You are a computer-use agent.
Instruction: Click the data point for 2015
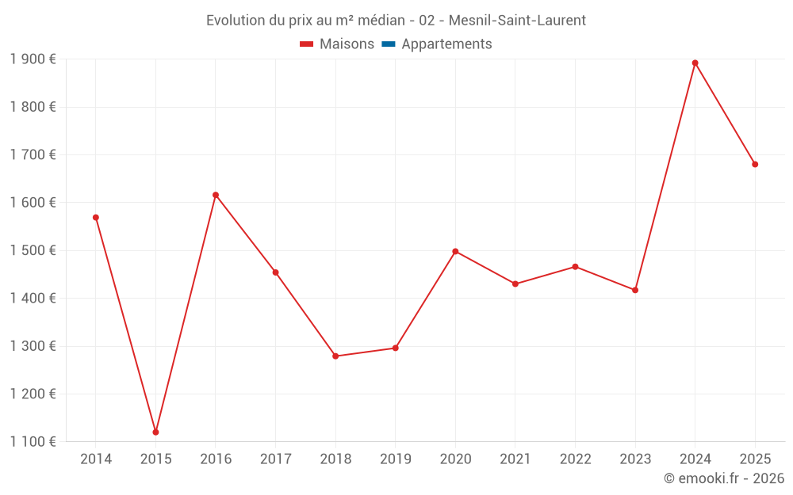coord(155,432)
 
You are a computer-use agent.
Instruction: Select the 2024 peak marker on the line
coord(695,63)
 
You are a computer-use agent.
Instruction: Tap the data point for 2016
coord(216,195)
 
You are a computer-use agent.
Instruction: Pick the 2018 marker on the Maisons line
coord(335,356)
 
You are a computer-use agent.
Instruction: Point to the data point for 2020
coord(455,251)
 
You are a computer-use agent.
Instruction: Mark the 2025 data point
coord(755,164)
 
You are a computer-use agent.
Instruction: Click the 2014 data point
coord(96,217)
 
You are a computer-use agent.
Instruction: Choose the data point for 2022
coord(575,266)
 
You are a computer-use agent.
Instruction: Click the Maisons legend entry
coord(347,44)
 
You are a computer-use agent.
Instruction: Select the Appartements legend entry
coord(446,44)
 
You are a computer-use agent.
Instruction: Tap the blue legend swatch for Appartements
coord(389,44)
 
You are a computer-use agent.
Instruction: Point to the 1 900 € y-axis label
coord(33,59)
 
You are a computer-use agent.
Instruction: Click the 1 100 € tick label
coord(33,442)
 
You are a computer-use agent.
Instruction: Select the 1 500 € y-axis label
coord(33,250)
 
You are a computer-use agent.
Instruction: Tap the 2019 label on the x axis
coord(395,459)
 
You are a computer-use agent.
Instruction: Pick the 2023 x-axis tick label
coord(635,459)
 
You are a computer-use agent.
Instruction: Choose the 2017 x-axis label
coord(275,459)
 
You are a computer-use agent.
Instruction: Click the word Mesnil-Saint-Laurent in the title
coord(517,21)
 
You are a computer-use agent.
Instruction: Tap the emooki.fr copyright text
coord(723,478)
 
